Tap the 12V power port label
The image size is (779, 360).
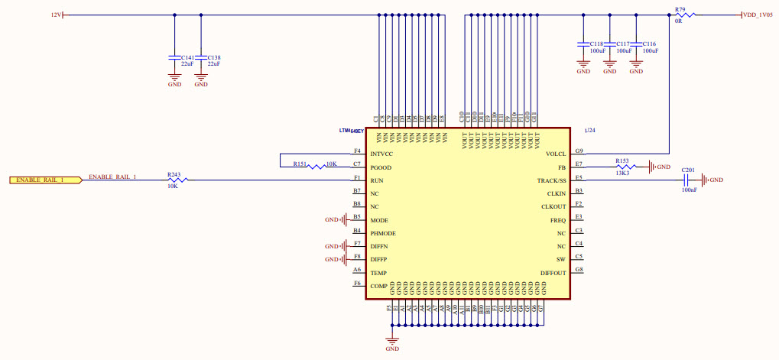pos(55,15)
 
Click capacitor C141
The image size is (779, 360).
pos(174,58)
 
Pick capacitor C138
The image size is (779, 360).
pos(200,58)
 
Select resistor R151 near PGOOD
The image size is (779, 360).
pos(314,166)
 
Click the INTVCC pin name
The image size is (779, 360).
pos(382,154)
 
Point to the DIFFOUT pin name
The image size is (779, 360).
pos(553,273)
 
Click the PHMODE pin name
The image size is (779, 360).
pos(385,233)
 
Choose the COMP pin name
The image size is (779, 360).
pos(378,286)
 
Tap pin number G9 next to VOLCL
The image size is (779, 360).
pos(579,151)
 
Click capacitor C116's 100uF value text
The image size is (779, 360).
pos(650,51)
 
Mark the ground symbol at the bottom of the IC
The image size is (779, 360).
pos(392,340)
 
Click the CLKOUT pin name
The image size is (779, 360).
pos(553,206)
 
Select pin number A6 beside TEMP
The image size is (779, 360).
pos(357,270)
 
